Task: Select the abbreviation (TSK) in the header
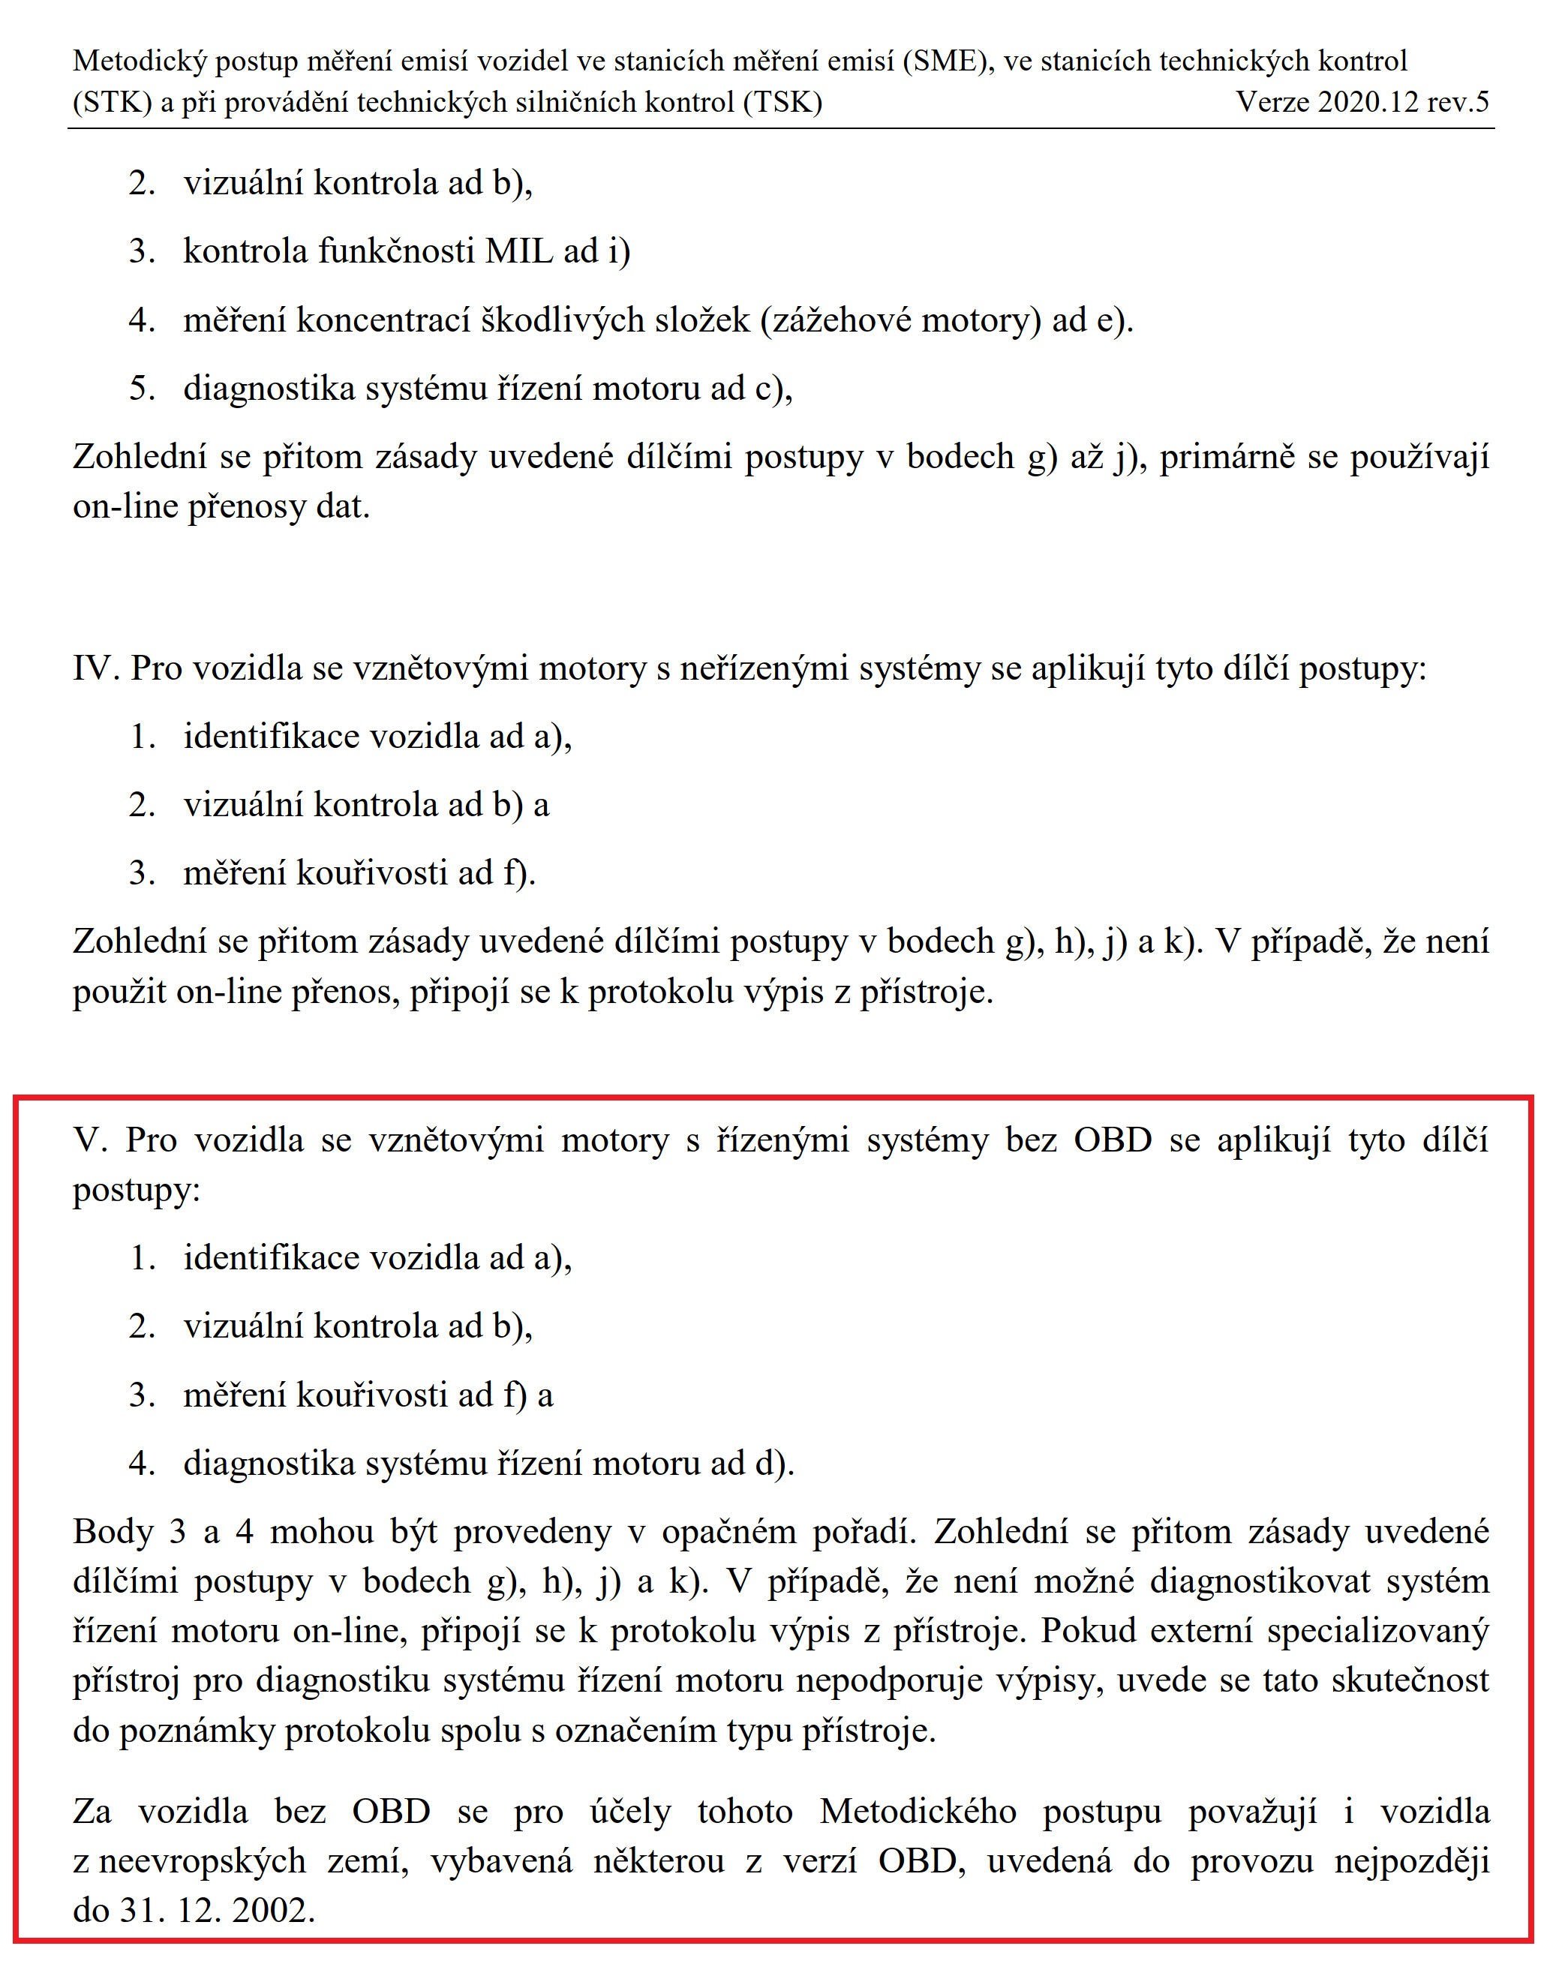click(x=783, y=101)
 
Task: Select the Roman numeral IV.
click(x=95, y=668)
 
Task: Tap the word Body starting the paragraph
click(x=112, y=1531)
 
